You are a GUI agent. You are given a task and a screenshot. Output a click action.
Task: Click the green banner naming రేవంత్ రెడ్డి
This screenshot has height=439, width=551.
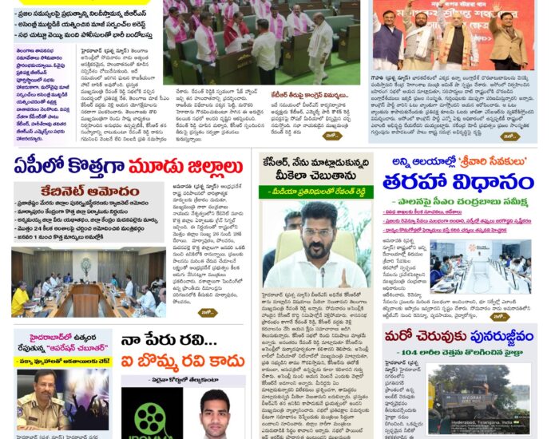pyautogui.click(x=316, y=192)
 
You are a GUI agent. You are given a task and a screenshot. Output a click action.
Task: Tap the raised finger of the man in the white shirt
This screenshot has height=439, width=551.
pyautogui.click(x=343, y=275)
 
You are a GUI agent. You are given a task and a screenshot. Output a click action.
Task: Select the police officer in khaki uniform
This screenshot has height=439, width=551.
pyautogui.click(x=35, y=406)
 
